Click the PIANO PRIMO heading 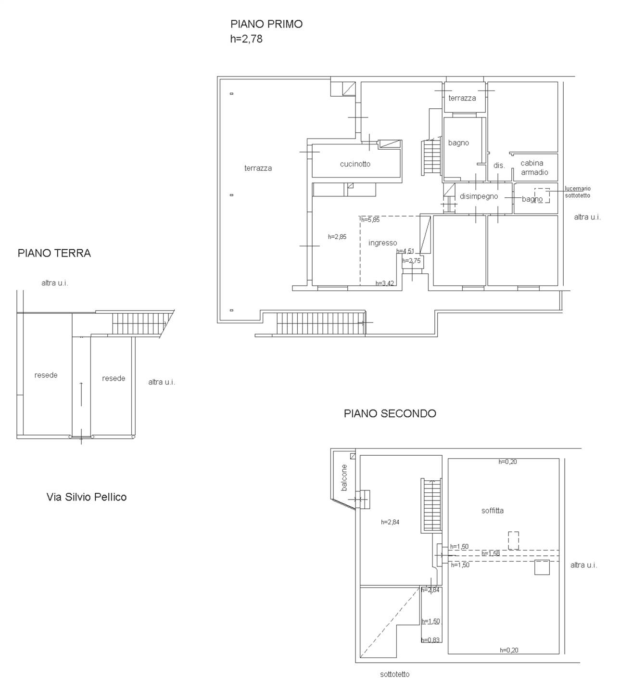tap(266, 24)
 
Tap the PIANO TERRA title tap(54, 253)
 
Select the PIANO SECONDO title tap(390, 413)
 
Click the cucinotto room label tap(355, 164)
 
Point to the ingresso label tap(383, 243)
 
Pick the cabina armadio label tap(534, 167)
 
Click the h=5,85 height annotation tap(370, 219)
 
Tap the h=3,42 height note tap(385, 283)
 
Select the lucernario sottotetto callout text tap(578, 192)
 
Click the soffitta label tap(493, 511)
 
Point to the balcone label tap(344, 477)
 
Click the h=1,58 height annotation tap(491, 553)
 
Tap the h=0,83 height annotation tap(430, 640)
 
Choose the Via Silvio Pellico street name tap(87, 497)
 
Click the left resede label tap(46, 375)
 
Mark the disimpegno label tap(479, 196)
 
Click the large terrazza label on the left tap(258, 168)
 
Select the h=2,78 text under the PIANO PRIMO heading tap(246, 39)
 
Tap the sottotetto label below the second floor tap(394, 674)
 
